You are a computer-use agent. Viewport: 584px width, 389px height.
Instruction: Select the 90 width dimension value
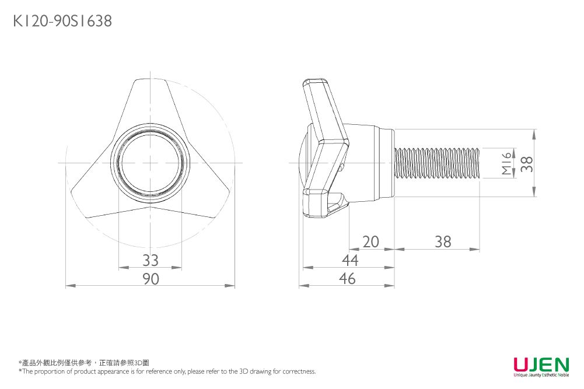click(x=151, y=279)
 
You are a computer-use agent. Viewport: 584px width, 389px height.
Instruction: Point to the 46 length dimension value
click(x=347, y=279)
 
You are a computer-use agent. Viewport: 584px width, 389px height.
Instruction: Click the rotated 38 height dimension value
click(x=527, y=164)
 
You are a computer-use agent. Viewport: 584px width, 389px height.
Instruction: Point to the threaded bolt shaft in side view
click(x=438, y=163)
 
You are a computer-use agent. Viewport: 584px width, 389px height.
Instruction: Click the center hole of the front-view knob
click(x=151, y=163)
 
